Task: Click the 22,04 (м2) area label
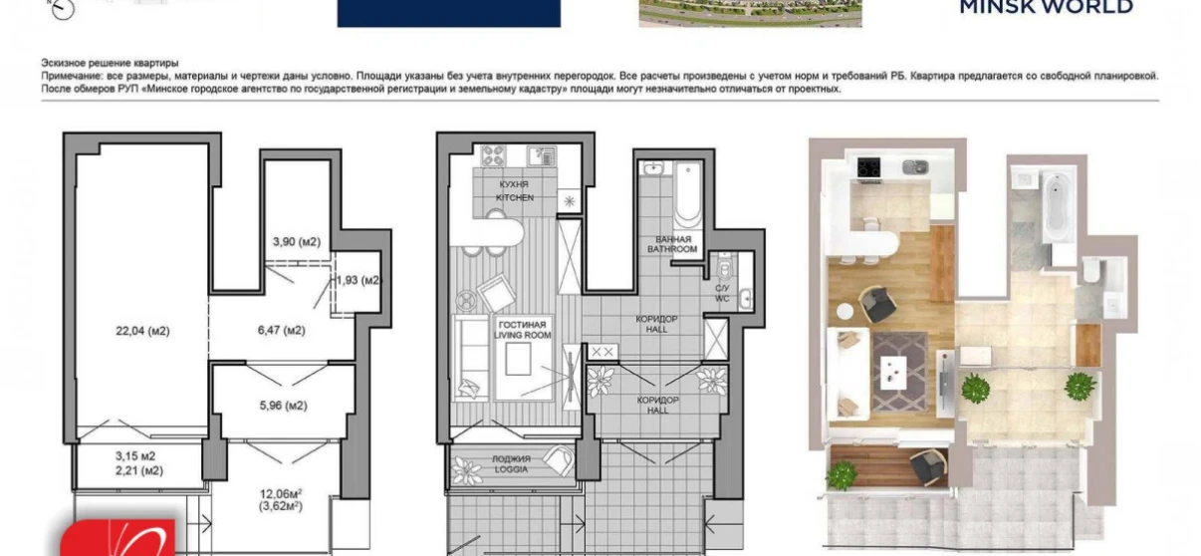click(x=139, y=331)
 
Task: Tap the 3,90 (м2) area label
click(x=297, y=242)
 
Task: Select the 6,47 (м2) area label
click(x=280, y=330)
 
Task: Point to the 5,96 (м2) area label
click(x=281, y=406)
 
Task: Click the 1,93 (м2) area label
click(x=359, y=280)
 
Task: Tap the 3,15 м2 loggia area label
click(x=138, y=456)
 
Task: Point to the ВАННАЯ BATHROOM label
click(x=671, y=244)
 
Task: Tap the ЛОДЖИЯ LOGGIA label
click(x=509, y=463)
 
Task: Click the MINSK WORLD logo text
click(x=1045, y=8)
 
